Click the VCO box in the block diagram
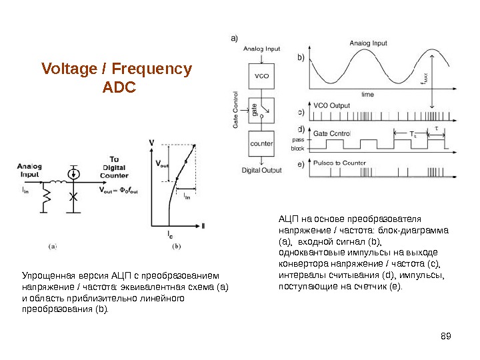tap(261, 75)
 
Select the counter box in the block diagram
tap(261, 144)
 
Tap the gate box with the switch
tap(261, 109)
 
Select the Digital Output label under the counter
tap(262, 170)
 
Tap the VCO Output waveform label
tap(331, 105)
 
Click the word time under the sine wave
tap(367, 95)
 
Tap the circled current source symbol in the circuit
tap(75, 174)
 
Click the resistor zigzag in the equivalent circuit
tap(47, 198)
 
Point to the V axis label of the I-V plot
tap(152, 143)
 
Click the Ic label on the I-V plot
tap(171, 233)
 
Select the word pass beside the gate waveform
tap(298, 140)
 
